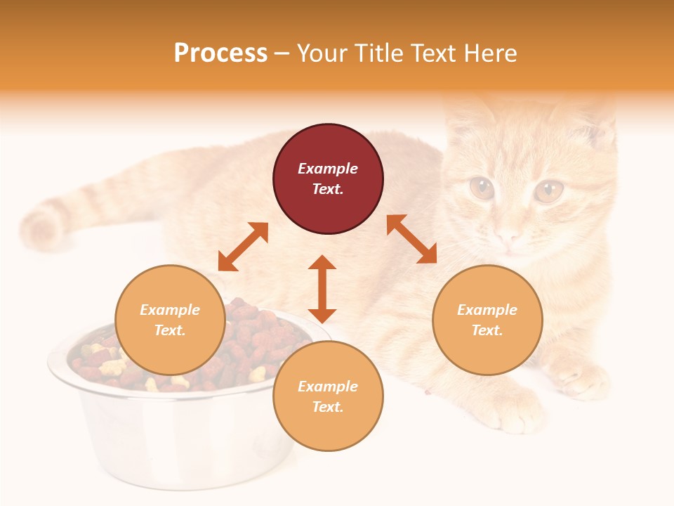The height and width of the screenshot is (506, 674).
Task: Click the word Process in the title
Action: click(x=220, y=53)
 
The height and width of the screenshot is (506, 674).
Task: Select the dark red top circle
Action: click(x=328, y=179)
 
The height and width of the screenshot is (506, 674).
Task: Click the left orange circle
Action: click(x=170, y=320)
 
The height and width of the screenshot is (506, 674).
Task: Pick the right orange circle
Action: click(x=487, y=320)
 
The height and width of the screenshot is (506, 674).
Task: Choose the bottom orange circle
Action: click(x=328, y=396)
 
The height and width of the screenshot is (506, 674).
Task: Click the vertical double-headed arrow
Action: click(x=322, y=289)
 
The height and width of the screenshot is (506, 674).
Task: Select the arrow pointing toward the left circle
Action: click(x=243, y=247)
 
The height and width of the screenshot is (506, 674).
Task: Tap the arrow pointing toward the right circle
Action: click(x=411, y=239)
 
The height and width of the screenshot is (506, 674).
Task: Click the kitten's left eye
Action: click(x=482, y=188)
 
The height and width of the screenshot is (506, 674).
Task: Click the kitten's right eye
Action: click(x=548, y=190)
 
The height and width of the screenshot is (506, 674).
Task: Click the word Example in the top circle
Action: click(x=328, y=169)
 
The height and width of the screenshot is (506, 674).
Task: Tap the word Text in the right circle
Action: click(x=486, y=330)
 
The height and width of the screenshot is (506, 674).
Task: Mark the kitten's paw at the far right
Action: click(x=583, y=379)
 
